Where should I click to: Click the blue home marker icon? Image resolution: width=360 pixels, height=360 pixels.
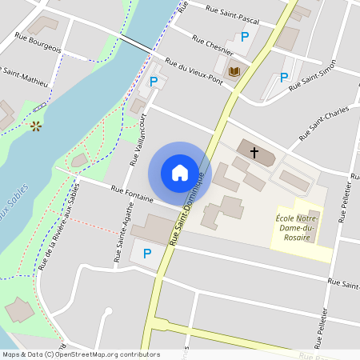point(180,173)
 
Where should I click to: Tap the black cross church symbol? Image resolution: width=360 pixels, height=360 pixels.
point(254,152)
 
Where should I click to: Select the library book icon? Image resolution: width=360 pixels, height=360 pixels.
point(234,72)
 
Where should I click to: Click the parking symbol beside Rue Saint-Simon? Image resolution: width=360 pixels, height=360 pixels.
point(283,78)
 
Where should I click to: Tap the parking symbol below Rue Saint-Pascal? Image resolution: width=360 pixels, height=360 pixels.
point(245,38)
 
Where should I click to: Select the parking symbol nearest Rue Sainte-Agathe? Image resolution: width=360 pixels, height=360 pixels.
point(146,254)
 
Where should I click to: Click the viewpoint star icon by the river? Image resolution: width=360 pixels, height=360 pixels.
point(35,126)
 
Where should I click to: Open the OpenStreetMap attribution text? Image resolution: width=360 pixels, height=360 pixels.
point(80,354)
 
